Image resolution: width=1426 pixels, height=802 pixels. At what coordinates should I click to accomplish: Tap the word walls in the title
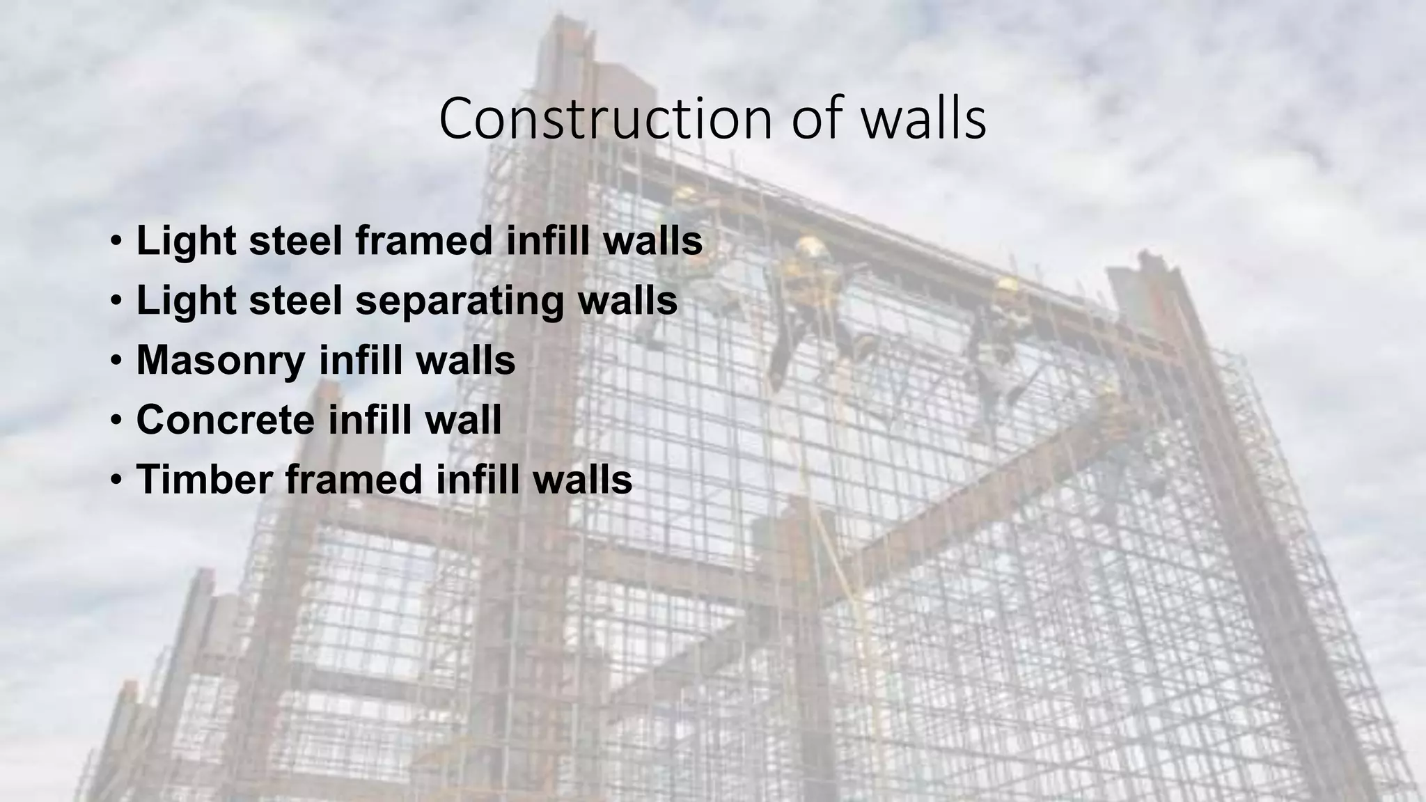pos(923,120)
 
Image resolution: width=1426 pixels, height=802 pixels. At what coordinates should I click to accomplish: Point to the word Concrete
pos(225,420)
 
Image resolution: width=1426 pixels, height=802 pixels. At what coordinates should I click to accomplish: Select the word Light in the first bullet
pos(185,241)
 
